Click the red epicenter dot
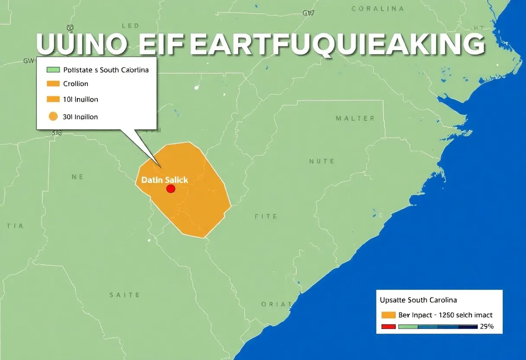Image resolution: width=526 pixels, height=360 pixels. [170, 189]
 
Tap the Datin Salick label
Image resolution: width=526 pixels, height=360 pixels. [165, 180]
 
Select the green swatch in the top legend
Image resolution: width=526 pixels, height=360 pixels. [53, 70]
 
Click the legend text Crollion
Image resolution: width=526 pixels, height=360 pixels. [76, 84]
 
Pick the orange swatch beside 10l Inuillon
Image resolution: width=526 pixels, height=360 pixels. [53, 99]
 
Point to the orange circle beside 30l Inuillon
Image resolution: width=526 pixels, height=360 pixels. [53, 116]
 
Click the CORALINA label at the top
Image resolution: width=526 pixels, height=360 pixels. [378, 9]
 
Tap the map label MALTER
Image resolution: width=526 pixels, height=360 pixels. [355, 118]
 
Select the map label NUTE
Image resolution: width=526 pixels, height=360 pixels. [322, 161]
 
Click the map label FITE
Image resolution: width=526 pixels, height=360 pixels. [266, 216]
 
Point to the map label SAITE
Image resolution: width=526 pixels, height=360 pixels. [125, 295]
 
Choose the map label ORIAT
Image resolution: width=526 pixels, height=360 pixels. [276, 304]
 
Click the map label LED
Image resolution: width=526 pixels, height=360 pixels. [130, 26]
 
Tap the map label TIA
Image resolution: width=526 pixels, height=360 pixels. [15, 226]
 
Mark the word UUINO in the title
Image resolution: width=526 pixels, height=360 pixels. [81, 45]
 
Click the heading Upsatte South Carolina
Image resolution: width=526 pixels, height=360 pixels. [418, 300]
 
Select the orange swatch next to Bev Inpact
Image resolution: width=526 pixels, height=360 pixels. [389, 315]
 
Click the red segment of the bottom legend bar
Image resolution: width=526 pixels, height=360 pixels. [389, 327]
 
